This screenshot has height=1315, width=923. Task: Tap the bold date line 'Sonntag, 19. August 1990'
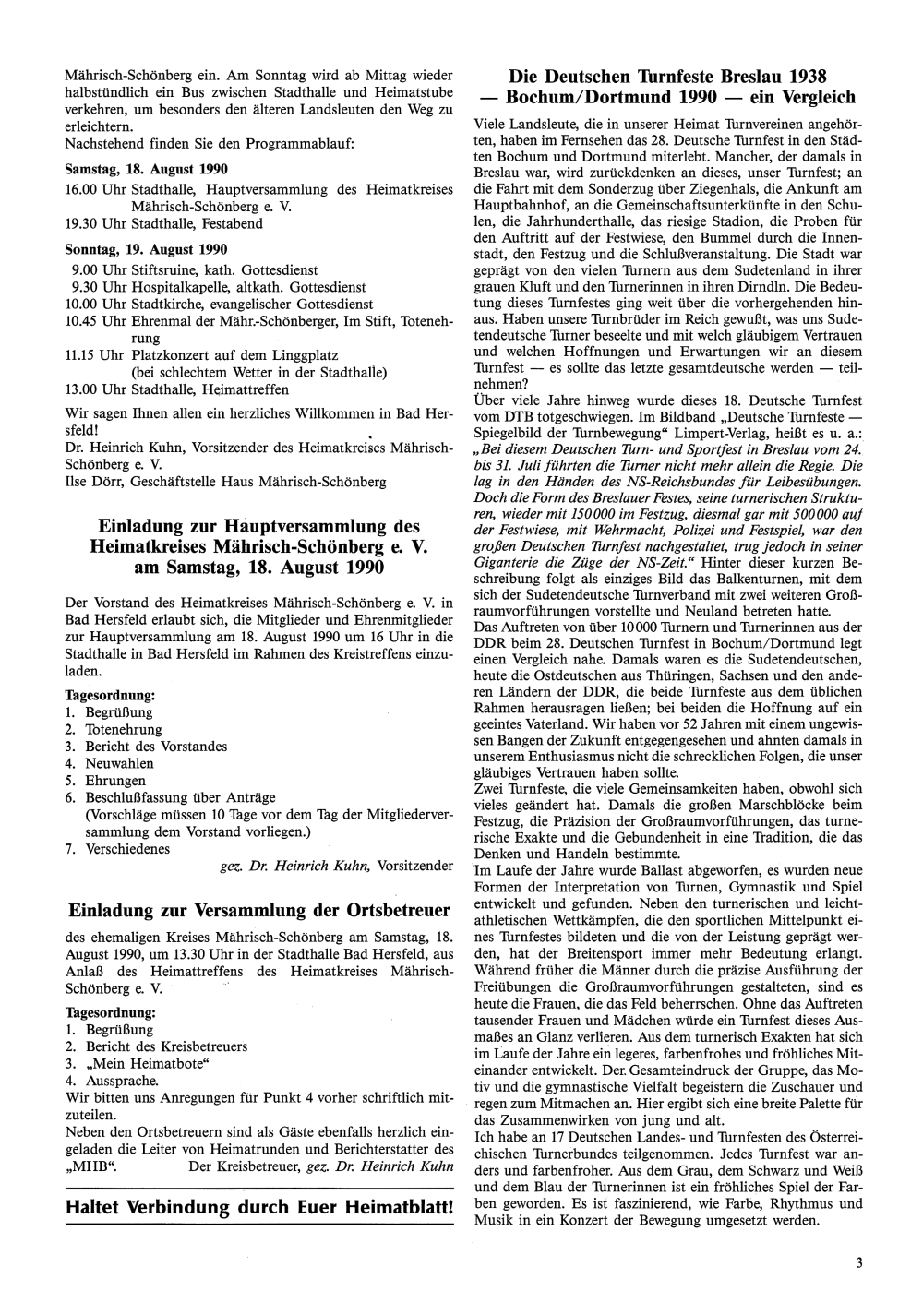146,249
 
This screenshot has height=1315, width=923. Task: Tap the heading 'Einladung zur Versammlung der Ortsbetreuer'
260,910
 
